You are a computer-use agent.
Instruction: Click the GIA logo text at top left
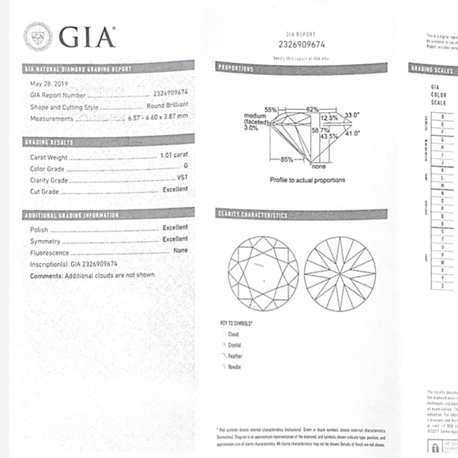click(87, 36)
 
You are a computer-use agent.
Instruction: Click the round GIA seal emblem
click(38, 36)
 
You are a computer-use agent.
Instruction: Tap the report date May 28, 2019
click(51, 83)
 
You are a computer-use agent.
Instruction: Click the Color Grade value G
click(186, 167)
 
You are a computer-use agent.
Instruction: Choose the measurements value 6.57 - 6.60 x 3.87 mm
click(158, 118)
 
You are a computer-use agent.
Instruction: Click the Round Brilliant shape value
click(167, 106)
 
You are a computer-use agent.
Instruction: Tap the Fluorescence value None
click(180, 250)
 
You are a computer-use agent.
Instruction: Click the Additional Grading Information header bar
click(72, 215)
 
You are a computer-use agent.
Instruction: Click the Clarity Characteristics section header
click(253, 214)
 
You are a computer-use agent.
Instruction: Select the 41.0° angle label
click(351, 133)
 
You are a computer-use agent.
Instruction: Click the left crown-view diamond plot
click(261, 272)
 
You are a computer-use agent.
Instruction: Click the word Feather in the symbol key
click(235, 356)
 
